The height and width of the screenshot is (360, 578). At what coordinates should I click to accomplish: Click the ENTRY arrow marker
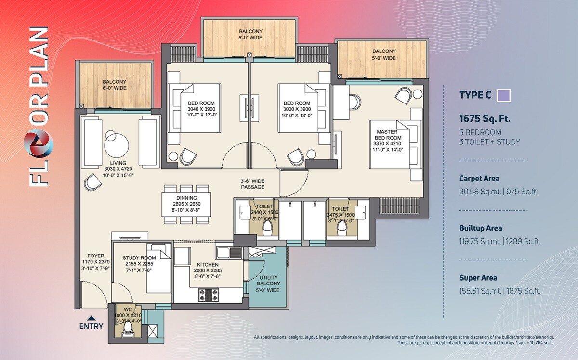click(x=91, y=318)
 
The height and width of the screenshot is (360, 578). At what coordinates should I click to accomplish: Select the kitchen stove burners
click(x=208, y=295)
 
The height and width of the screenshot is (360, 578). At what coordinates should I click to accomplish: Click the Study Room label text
click(x=139, y=258)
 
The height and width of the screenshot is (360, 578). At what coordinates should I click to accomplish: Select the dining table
click(x=186, y=204)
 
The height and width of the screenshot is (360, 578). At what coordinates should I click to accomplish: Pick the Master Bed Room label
click(x=389, y=138)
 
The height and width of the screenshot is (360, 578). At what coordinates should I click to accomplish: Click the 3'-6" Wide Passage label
click(x=253, y=183)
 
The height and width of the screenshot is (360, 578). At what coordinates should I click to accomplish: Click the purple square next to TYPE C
click(x=503, y=95)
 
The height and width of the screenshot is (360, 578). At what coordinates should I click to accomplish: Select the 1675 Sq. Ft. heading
click(x=485, y=118)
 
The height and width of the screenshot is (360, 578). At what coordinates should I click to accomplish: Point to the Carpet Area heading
click(x=479, y=179)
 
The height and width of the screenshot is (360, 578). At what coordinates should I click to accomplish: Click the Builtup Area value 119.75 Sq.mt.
click(x=479, y=241)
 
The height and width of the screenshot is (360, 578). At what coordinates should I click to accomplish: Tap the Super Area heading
click(x=478, y=278)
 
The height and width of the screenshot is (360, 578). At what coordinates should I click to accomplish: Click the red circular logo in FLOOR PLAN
click(x=38, y=140)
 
